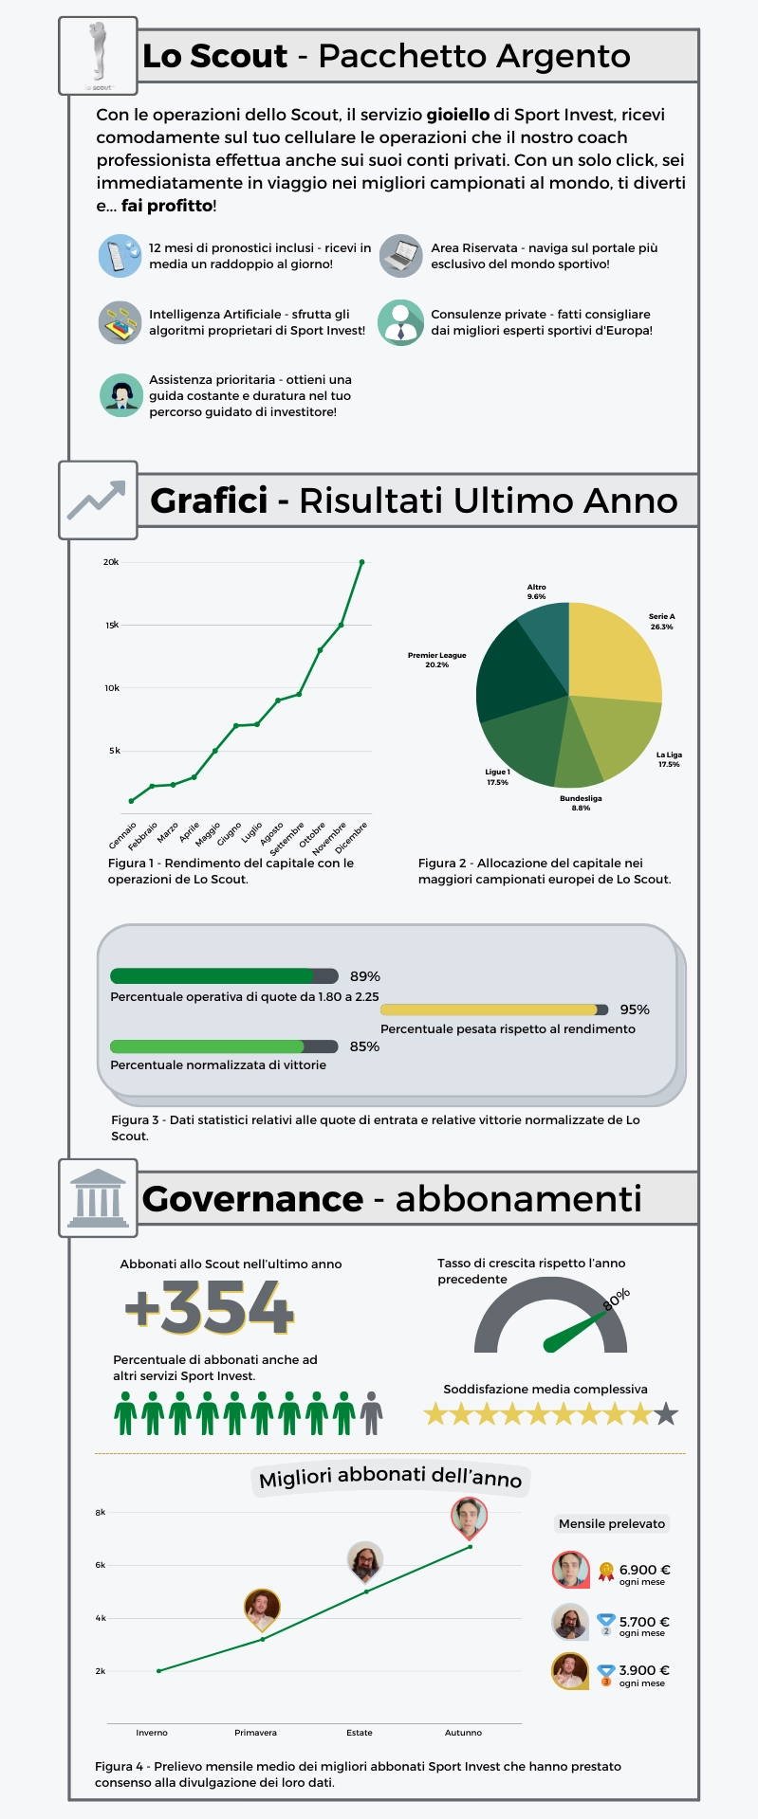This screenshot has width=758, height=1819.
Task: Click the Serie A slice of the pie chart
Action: click(612, 654)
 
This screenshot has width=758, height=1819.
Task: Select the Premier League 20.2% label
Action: click(437, 660)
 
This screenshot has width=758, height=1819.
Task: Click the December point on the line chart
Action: click(361, 562)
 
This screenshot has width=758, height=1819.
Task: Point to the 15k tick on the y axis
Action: click(112, 626)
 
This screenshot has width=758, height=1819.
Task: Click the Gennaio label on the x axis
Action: click(123, 835)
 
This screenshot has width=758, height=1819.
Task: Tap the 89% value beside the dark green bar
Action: click(365, 976)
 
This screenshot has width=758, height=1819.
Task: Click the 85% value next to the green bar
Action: click(364, 1046)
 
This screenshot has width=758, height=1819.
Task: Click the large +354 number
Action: click(210, 1308)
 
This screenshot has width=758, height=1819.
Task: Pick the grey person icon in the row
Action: click(372, 1413)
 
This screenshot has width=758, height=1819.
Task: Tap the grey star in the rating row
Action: click(667, 1414)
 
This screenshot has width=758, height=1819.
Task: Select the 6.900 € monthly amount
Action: click(645, 1570)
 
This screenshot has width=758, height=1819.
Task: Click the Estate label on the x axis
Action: click(360, 1733)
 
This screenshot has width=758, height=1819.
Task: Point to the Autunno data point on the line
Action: click(470, 1547)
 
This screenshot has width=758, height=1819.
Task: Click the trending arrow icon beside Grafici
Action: click(97, 500)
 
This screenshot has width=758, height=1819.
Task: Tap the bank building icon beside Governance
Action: click(98, 1198)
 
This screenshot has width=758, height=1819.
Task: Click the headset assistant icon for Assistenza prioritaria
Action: click(120, 395)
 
